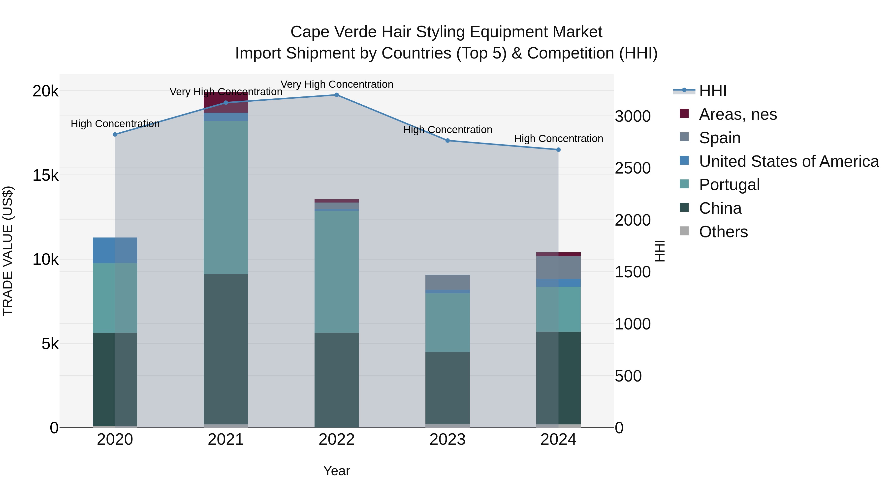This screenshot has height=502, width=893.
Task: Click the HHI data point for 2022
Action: (x=336, y=95)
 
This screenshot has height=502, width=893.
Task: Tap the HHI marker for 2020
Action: (x=115, y=134)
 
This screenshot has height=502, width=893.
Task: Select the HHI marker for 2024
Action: (x=558, y=150)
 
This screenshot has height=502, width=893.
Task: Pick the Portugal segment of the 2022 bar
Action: (x=336, y=272)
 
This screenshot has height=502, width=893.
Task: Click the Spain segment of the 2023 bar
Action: (x=447, y=282)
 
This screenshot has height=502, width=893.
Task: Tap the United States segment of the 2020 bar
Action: (x=115, y=250)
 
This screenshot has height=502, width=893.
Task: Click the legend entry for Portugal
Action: (x=729, y=185)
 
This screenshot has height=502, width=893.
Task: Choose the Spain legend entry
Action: (x=720, y=138)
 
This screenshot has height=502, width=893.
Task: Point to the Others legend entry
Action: (x=723, y=232)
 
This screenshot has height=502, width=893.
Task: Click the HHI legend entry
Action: (x=712, y=91)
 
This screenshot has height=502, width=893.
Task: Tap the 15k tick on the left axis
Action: (x=45, y=175)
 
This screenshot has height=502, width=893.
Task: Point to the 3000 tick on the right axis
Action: (x=633, y=117)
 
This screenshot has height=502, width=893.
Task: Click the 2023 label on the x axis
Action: (x=447, y=440)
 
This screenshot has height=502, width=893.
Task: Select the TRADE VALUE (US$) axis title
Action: (x=8, y=251)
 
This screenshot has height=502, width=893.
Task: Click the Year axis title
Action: (x=336, y=471)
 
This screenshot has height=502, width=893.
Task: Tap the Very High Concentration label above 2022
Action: (x=337, y=84)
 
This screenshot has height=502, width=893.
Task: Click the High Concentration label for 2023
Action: (x=447, y=130)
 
